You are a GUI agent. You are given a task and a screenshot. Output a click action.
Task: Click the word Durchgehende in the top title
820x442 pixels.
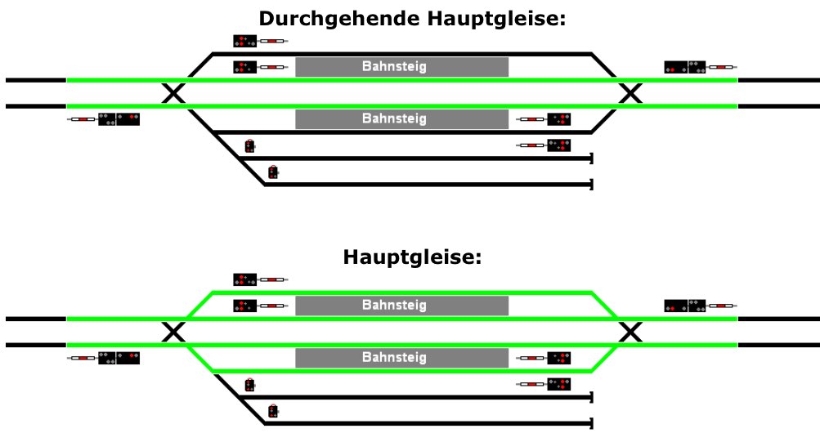(x=339, y=19)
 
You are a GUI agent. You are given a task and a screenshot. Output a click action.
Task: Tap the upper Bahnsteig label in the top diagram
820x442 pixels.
(x=394, y=66)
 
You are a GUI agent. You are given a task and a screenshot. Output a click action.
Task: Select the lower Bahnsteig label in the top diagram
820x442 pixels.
(x=394, y=118)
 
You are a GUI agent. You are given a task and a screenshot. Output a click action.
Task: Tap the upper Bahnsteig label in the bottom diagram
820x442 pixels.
(x=394, y=305)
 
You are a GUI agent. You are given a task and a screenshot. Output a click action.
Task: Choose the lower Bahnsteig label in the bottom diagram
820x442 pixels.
(x=394, y=357)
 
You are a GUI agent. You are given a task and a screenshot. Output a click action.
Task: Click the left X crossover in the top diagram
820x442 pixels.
(x=173, y=93)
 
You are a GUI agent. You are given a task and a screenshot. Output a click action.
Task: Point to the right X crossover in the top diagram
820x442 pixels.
(x=630, y=93)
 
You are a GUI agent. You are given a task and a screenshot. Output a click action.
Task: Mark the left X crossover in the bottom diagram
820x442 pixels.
(x=173, y=333)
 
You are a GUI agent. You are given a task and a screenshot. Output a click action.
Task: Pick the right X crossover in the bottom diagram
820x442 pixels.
(x=630, y=333)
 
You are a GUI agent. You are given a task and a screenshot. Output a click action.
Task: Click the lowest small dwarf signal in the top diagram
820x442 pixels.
(x=272, y=172)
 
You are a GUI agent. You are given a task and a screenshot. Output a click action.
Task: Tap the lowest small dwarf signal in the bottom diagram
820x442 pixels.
(x=272, y=411)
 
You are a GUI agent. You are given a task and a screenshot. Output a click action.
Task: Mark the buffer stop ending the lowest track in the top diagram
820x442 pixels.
(x=591, y=185)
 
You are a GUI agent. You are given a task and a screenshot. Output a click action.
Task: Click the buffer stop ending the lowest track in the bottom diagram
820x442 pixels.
(x=591, y=423)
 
